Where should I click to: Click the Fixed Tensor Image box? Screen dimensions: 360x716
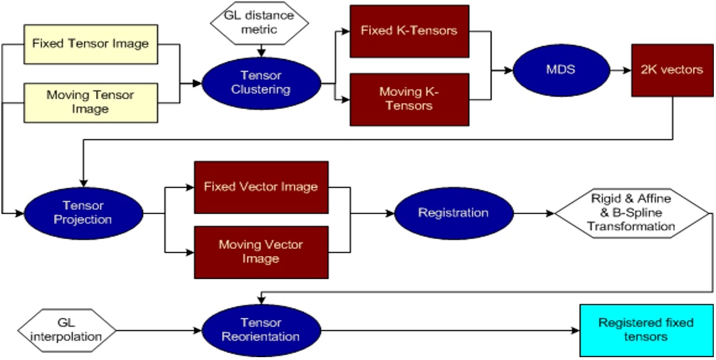click(x=90, y=43)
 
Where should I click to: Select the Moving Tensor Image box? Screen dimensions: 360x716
click(x=90, y=101)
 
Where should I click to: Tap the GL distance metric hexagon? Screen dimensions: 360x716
click(x=261, y=24)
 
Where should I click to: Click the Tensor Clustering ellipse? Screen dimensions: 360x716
click(x=260, y=83)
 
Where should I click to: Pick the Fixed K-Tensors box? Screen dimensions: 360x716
click(x=409, y=31)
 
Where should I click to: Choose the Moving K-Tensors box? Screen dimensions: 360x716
click(x=409, y=99)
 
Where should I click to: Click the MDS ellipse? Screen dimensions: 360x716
click(x=559, y=70)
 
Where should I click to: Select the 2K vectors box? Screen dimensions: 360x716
click(x=671, y=70)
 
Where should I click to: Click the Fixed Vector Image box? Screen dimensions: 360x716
click(x=261, y=187)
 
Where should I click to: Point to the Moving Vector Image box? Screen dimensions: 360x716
click(x=261, y=252)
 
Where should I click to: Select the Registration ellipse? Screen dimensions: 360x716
click(x=453, y=213)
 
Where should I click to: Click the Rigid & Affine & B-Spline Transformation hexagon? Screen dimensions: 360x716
click(x=632, y=213)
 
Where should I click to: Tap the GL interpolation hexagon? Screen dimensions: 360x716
click(x=67, y=329)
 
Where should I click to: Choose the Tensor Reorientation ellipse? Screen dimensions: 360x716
click(x=260, y=329)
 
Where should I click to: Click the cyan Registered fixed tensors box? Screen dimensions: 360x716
click(x=646, y=329)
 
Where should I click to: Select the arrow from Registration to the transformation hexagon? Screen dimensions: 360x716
click(x=533, y=213)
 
